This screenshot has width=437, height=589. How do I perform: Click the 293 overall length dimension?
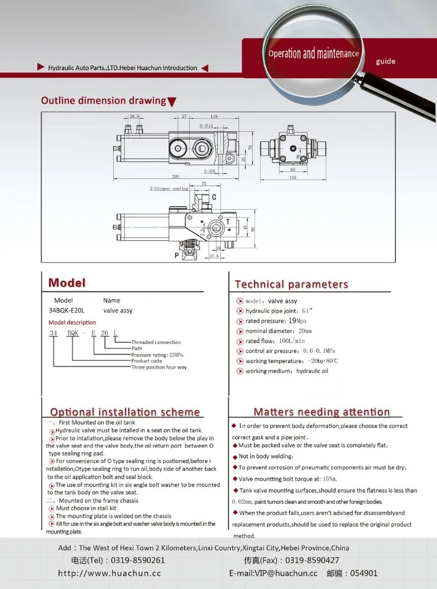176,177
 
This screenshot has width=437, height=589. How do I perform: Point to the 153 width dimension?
293,177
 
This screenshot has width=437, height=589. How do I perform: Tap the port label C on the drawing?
214,197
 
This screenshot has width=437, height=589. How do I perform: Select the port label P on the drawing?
176,256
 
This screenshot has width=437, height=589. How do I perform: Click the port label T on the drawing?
227,221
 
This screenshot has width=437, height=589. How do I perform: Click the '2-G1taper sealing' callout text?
169,188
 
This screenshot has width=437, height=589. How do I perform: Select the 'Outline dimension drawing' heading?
104,101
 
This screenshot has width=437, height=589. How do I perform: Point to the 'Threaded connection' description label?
155,342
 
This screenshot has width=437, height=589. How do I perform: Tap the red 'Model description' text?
72,323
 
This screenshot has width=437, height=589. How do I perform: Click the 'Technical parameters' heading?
291,284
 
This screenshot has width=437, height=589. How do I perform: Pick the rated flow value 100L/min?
292,341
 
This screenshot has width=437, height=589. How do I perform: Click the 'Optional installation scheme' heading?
125,412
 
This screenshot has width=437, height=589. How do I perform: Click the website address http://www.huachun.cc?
109,573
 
